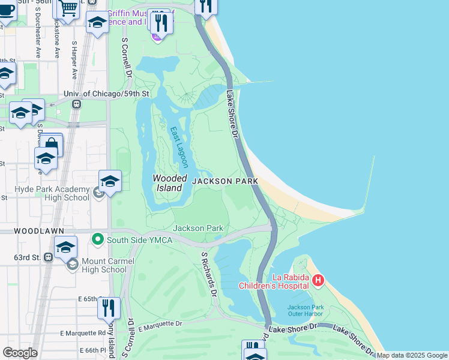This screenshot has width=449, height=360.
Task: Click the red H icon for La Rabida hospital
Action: pyautogui.click(x=318, y=280)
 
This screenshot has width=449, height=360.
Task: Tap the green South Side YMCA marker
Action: pyautogui.click(x=97, y=241)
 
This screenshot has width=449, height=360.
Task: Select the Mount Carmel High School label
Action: pyautogui.click(x=97, y=265)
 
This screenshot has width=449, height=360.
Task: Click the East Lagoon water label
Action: pyautogui.click(x=178, y=147)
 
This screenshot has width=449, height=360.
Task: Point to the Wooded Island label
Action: pyautogui.click(x=167, y=183)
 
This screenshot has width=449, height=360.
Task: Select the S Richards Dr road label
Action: pyautogui.click(x=208, y=274)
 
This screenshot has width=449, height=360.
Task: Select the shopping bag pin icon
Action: pyautogui.click(x=52, y=144)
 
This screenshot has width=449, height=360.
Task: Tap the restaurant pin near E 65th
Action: pyautogui.click(x=109, y=307)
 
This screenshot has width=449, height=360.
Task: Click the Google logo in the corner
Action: pyautogui.click(x=20, y=352)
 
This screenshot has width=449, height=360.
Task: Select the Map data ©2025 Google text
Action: pyautogui.click(x=412, y=355)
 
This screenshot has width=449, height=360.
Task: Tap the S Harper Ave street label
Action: pyautogui.click(x=75, y=60)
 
